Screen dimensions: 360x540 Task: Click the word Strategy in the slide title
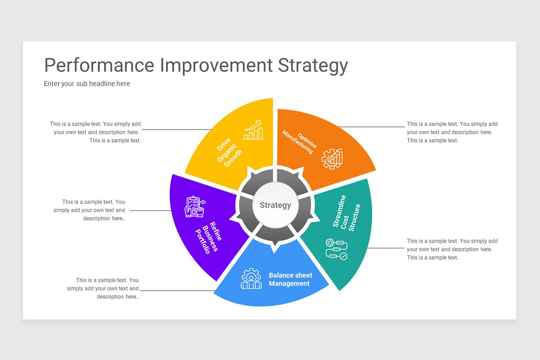click(x=313, y=66)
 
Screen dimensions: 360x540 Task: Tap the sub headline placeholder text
click(x=87, y=84)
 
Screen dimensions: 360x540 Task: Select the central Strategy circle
click(x=275, y=205)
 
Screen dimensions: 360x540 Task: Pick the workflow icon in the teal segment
click(x=336, y=249)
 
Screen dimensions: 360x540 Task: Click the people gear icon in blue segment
click(x=251, y=279)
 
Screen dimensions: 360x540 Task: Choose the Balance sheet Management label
click(x=290, y=279)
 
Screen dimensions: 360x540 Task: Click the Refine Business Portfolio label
click(x=207, y=238)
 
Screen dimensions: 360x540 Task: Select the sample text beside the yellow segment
click(x=96, y=132)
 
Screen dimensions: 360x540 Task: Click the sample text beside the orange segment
click(x=452, y=132)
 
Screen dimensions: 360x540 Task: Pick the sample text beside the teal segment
click(x=452, y=249)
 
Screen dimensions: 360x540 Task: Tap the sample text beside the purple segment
click(x=90, y=210)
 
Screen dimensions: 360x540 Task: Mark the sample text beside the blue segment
click(x=103, y=288)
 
